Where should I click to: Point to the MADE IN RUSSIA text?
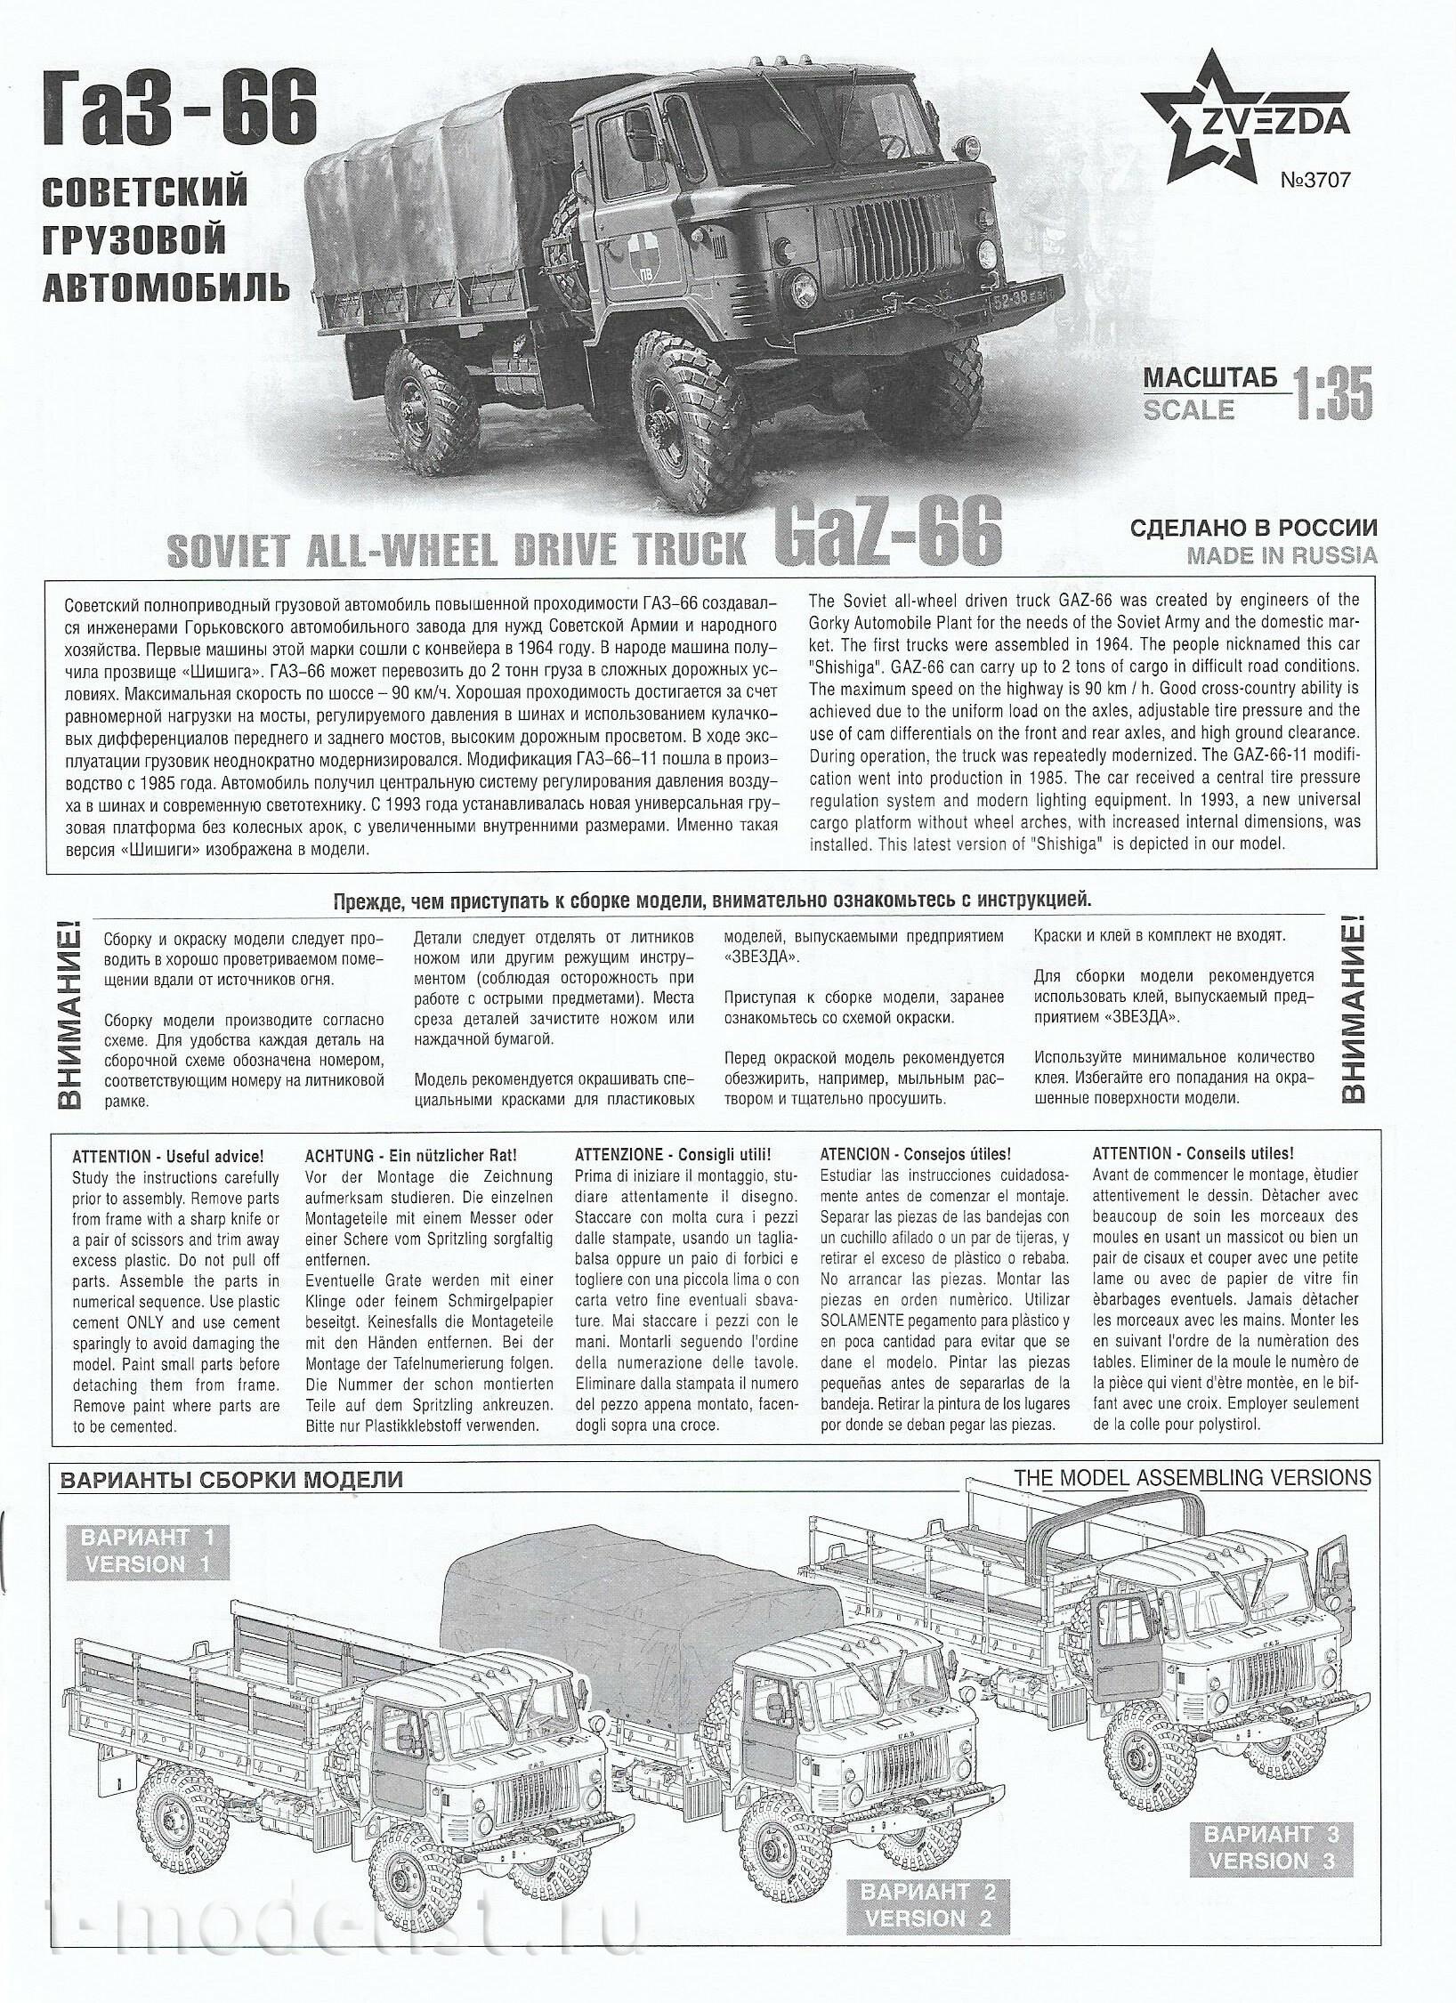tap(1282, 555)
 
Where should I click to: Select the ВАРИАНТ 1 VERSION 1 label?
tap(145, 1552)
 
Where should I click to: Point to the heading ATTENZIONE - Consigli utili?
tap(673, 1156)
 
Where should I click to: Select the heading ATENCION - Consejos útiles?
tap(915, 1156)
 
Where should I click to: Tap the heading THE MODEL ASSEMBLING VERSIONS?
tap(1192, 1478)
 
